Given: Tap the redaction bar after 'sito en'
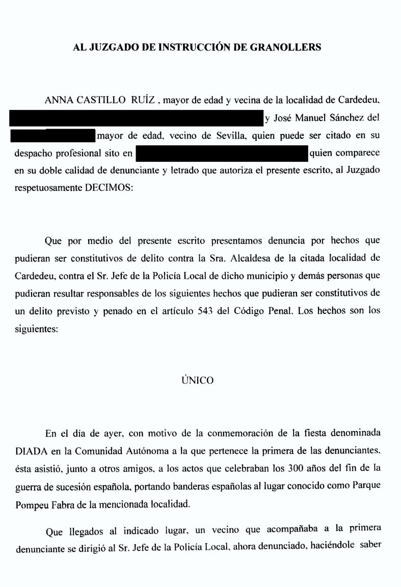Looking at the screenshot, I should click(222, 153).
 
